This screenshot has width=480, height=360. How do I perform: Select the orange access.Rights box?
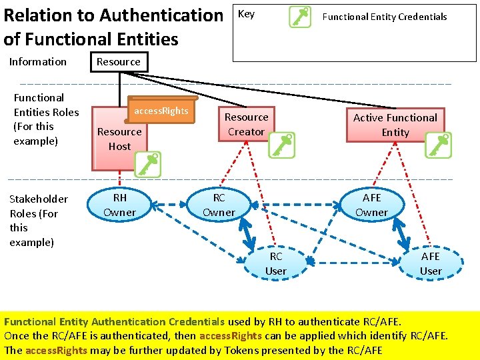click(x=161, y=111)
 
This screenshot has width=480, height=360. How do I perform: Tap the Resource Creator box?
click(x=246, y=124)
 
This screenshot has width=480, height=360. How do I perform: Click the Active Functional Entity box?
click(x=395, y=125)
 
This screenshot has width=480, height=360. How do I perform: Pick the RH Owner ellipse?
click(x=119, y=205)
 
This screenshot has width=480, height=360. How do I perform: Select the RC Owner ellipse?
click(x=219, y=205)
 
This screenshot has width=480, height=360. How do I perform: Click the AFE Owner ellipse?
click(x=371, y=205)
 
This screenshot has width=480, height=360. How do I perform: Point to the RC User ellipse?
click(x=275, y=263)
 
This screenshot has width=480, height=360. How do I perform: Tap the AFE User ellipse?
click(x=430, y=263)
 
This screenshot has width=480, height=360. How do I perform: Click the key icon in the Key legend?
click(x=300, y=17)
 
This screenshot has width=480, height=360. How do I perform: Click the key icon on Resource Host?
click(x=147, y=164)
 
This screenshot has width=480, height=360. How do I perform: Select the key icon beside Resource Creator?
click(x=281, y=145)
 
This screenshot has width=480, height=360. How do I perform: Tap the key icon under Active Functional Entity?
click(x=438, y=145)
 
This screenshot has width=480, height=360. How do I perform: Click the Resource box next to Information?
click(x=119, y=61)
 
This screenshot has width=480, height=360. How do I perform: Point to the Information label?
click(x=38, y=61)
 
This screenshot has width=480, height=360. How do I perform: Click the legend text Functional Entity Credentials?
click(x=385, y=17)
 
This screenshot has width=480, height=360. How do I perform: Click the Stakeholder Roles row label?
click(x=39, y=220)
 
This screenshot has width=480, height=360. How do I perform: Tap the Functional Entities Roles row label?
click(x=46, y=119)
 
